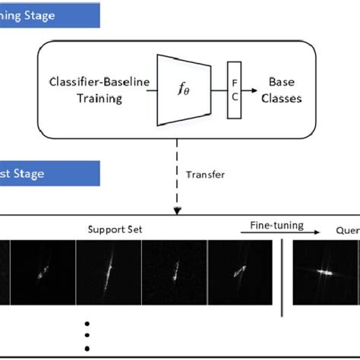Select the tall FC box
pyautogui.click(x=232, y=90)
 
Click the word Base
pyautogui.click(x=282, y=81)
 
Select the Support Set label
pyautogui.click(x=113, y=228)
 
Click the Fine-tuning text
pyautogui.click(x=276, y=226)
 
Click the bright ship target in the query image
pyautogui.click(x=325, y=270)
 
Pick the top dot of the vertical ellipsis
pyautogui.click(x=87, y=323)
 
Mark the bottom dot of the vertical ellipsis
pyautogui.click(x=87, y=348)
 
